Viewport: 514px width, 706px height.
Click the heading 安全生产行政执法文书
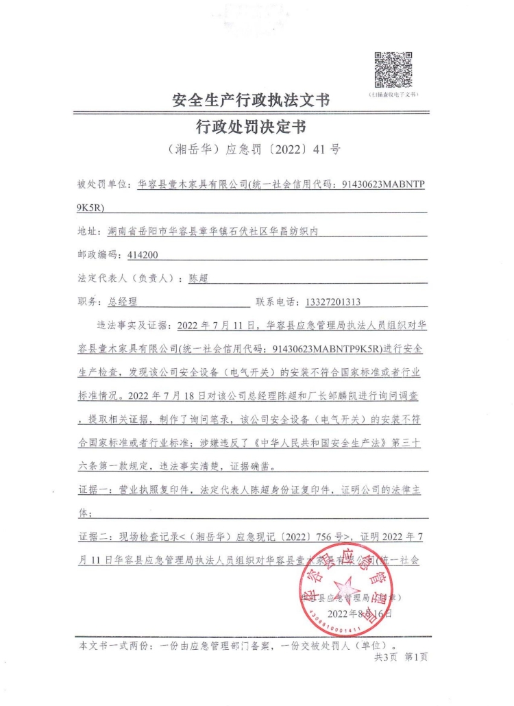(250, 101)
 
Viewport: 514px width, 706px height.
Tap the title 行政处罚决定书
(250, 127)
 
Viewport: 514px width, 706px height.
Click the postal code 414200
(143, 255)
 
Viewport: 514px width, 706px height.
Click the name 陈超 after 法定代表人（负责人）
(199, 278)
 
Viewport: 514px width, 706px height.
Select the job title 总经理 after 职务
(123, 302)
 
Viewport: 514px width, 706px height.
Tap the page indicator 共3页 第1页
(400, 657)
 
